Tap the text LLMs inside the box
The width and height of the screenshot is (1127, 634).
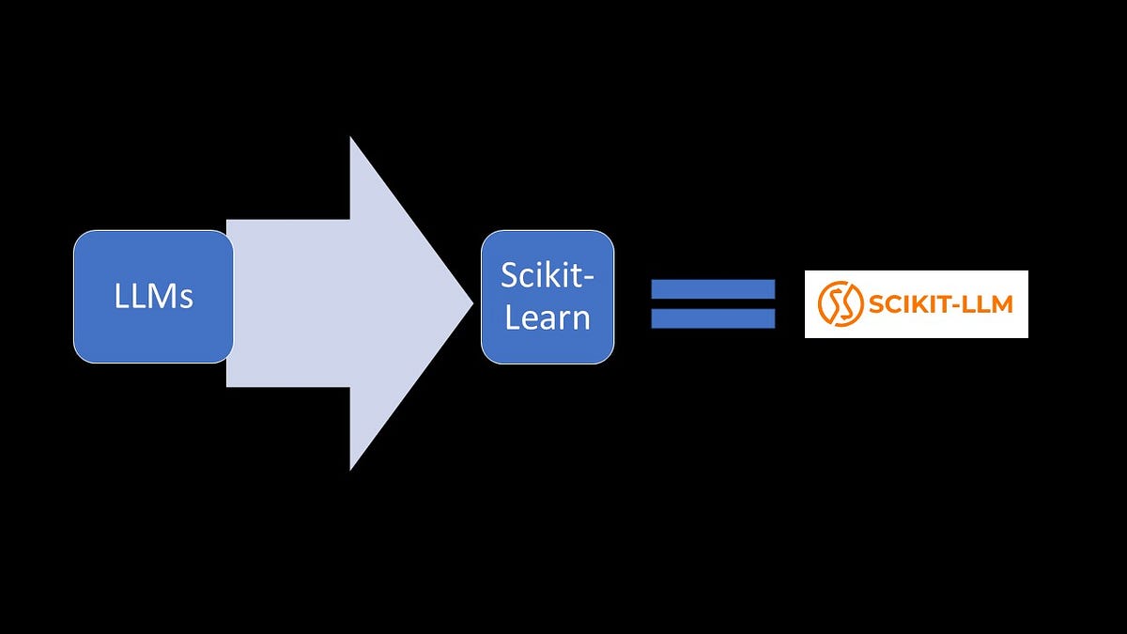pos(153,297)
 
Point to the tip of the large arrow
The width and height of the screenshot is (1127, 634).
pos(471,302)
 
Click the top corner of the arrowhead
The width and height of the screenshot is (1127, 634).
pos(350,138)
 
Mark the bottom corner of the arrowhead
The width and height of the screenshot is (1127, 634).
pos(350,469)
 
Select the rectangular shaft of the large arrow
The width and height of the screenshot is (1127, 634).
pos(287,302)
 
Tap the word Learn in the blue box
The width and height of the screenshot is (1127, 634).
pos(548,317)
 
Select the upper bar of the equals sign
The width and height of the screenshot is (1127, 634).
pos(713,288)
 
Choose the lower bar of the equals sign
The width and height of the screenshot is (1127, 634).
pos(713,318)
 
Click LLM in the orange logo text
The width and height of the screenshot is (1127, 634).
pos(988,304)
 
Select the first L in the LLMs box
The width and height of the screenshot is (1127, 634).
pos(120,297)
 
